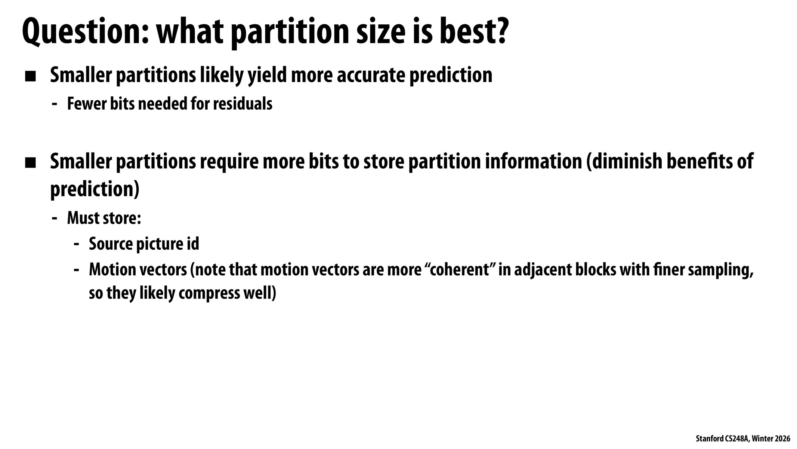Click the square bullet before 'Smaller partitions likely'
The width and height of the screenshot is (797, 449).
click(x=30, y=77)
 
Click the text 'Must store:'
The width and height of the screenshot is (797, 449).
click(x=104, y=218)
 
